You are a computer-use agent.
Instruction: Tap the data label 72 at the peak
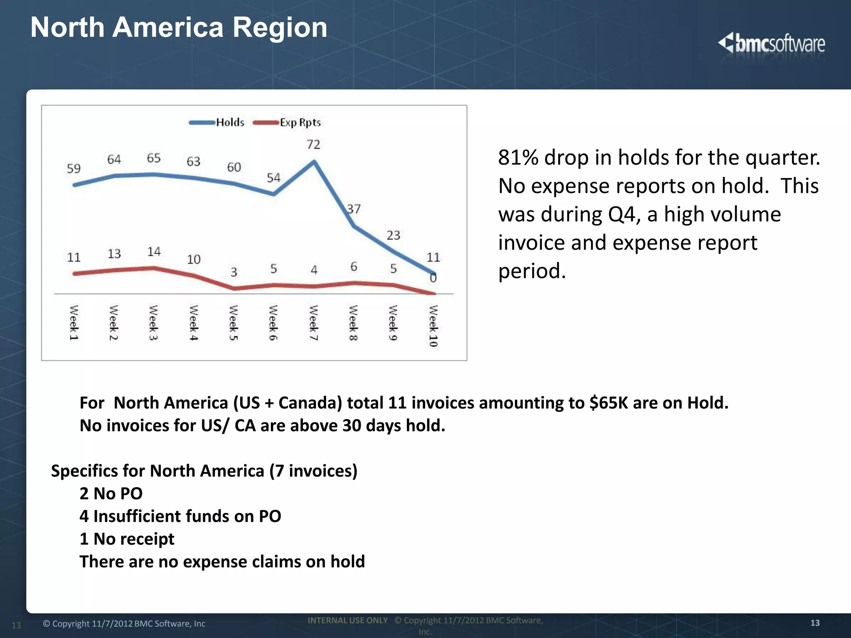[x=313, y=145]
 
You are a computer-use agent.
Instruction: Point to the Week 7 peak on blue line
[x=314, y=162]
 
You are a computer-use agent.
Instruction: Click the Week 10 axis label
[x=433, y=326]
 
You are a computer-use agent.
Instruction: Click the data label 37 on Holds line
[x=354, y=209]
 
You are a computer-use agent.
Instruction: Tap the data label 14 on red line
[x=154, y=252]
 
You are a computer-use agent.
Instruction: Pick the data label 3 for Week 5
[x=234, y=272]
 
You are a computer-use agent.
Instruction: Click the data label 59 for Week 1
[x=74, y=169]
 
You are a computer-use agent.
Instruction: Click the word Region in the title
[x=280, y=27]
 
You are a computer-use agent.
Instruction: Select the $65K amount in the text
[x=608, y=403]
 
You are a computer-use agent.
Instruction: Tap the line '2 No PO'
[x=111, y=493]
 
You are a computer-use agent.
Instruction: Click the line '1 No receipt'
[x=127, y=539]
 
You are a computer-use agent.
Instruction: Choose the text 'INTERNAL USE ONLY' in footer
[x=347, y=620]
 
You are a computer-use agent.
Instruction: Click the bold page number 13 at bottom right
[x=815, y=623]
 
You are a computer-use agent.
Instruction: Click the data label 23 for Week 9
[x=393, y=236]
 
